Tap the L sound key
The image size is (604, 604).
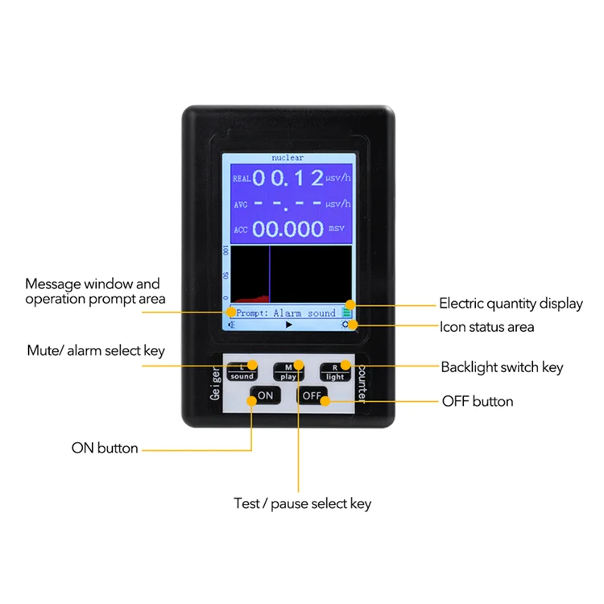[242, 371]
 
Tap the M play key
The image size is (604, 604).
[288, 371]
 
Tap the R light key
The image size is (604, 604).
[335, 371]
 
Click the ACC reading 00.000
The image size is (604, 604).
[289, 229]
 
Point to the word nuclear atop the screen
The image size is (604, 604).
[288, 158]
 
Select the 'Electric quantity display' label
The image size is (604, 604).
[511, 304]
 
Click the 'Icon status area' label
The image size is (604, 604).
[486, 327]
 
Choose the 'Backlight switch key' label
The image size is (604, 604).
[502, 367]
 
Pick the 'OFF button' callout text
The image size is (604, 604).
[478, 401]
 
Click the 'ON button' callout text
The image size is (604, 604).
[105, 448]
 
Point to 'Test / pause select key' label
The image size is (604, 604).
[302, 504]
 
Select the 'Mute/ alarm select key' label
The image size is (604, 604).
[96, 350]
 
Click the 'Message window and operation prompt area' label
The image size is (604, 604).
[95, 291]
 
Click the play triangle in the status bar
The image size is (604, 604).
[289, 325]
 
